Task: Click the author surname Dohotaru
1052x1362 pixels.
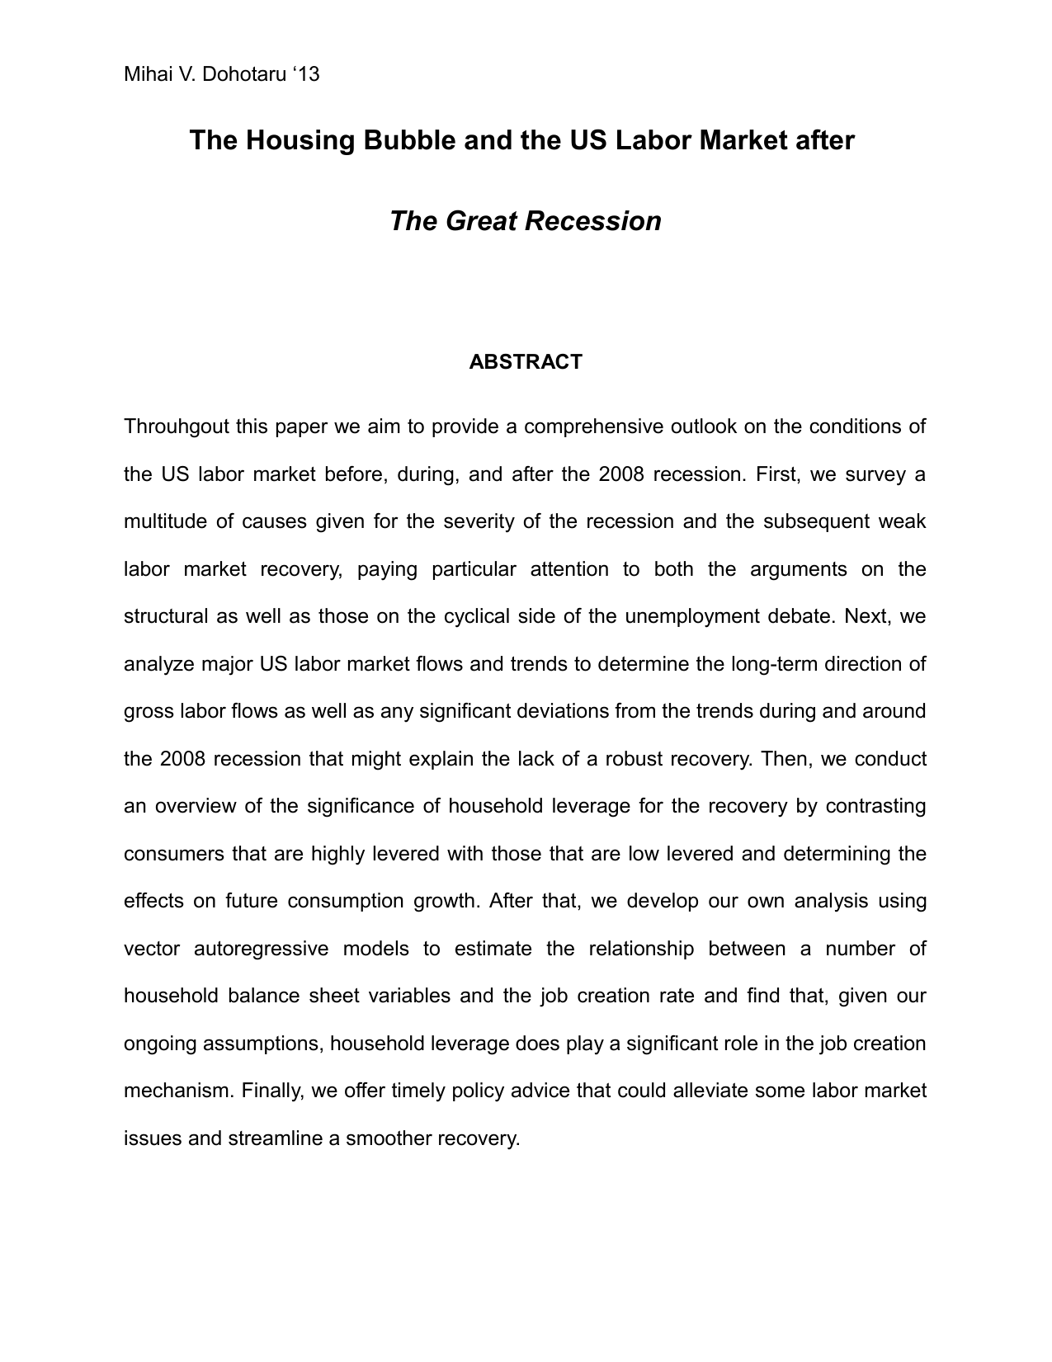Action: tap(243, 75)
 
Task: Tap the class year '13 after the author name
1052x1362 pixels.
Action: tap(305, 75)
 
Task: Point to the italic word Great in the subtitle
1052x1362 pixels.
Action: tap(482, 221)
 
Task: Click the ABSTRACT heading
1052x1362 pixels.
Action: tap(526, 362)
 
